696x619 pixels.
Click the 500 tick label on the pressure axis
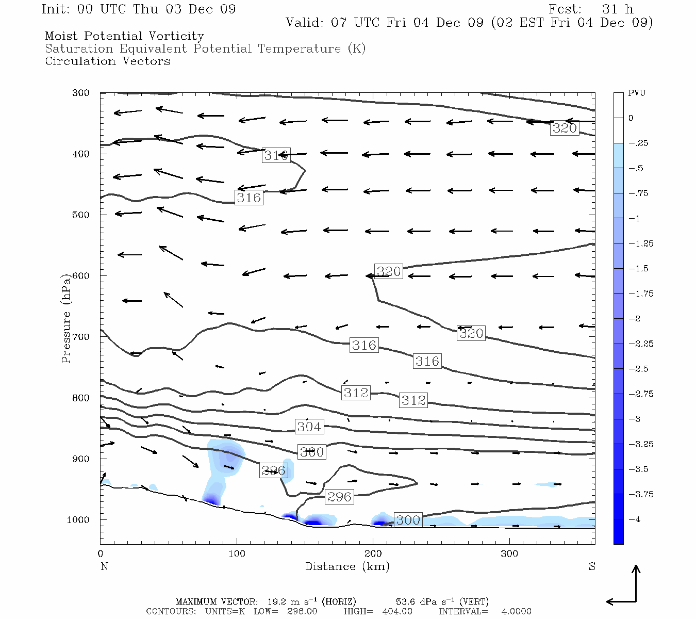pos(81,215)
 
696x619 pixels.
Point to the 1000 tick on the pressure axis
pos(78,520)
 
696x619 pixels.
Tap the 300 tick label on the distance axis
pos(509,554)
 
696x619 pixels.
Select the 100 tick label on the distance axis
pos(237,554)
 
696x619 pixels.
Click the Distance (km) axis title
pos(347,566)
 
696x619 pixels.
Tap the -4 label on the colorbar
pos(637,519)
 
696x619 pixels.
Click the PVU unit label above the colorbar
pos(637,93)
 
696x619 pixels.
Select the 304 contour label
pos(309,427)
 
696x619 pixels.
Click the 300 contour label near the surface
pos(408,520)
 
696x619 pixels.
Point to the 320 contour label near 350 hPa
pos(565,128)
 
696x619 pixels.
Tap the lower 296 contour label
pos(339,497)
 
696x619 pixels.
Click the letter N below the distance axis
pos(104,566)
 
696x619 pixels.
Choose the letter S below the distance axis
pos(592,566)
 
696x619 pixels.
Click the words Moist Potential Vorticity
pos(124,36)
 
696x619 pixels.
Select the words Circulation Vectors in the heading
pos(107,61)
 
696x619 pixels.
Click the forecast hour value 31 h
pos(618,9)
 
